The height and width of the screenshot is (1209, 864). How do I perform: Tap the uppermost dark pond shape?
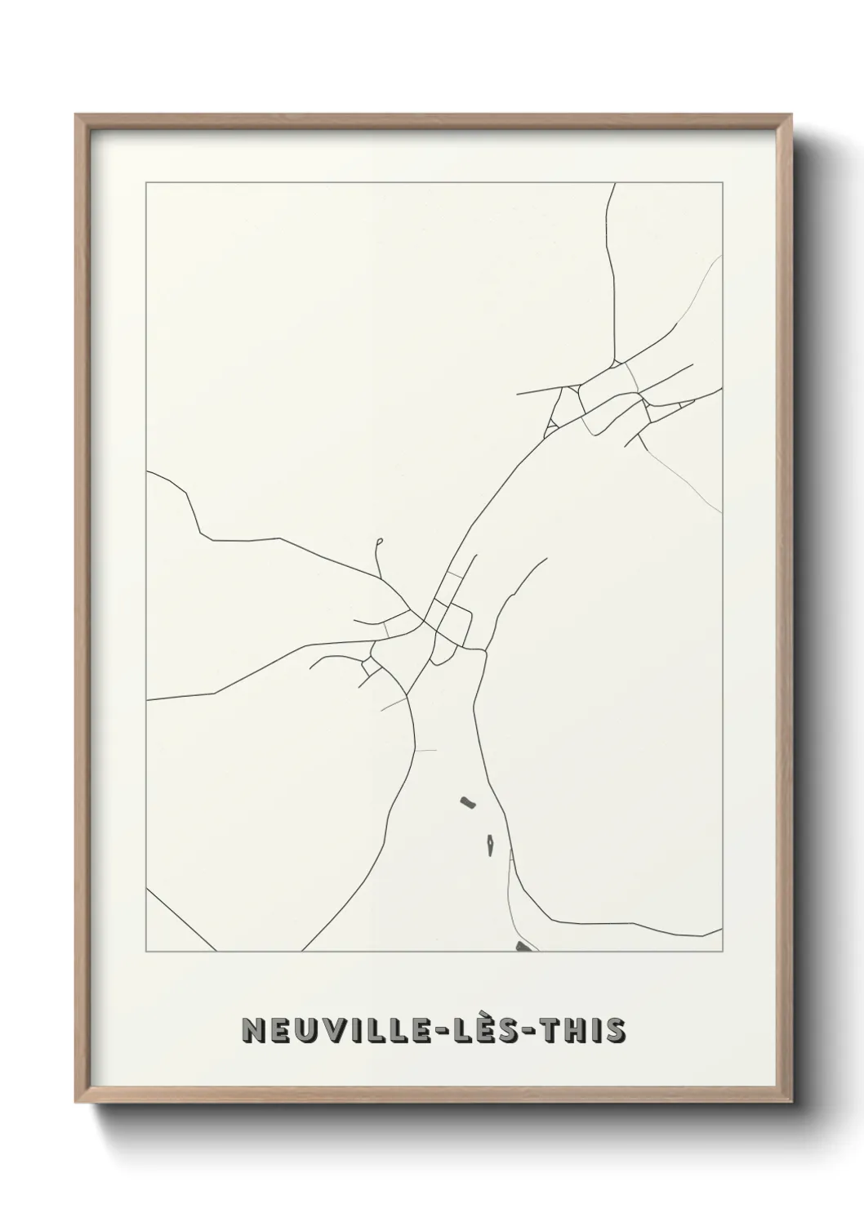467,803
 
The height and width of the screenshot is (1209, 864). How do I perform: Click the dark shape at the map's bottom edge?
523,947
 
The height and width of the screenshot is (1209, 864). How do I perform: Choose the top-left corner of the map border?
146,183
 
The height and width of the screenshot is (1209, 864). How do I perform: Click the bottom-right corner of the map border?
722,952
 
